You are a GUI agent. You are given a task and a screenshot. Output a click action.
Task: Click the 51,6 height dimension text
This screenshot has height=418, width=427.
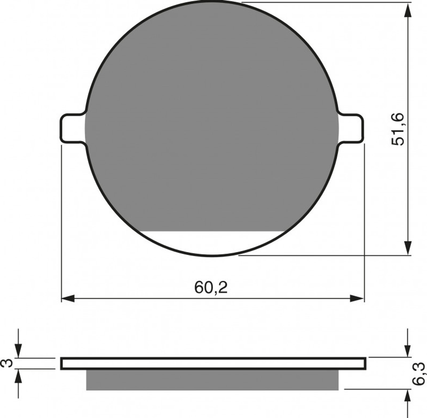coord(398,130)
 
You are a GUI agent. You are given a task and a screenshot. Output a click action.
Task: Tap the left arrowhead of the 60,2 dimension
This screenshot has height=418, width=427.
coord(68,299)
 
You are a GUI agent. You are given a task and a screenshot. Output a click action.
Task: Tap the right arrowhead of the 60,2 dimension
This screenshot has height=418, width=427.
coord(357,299)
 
